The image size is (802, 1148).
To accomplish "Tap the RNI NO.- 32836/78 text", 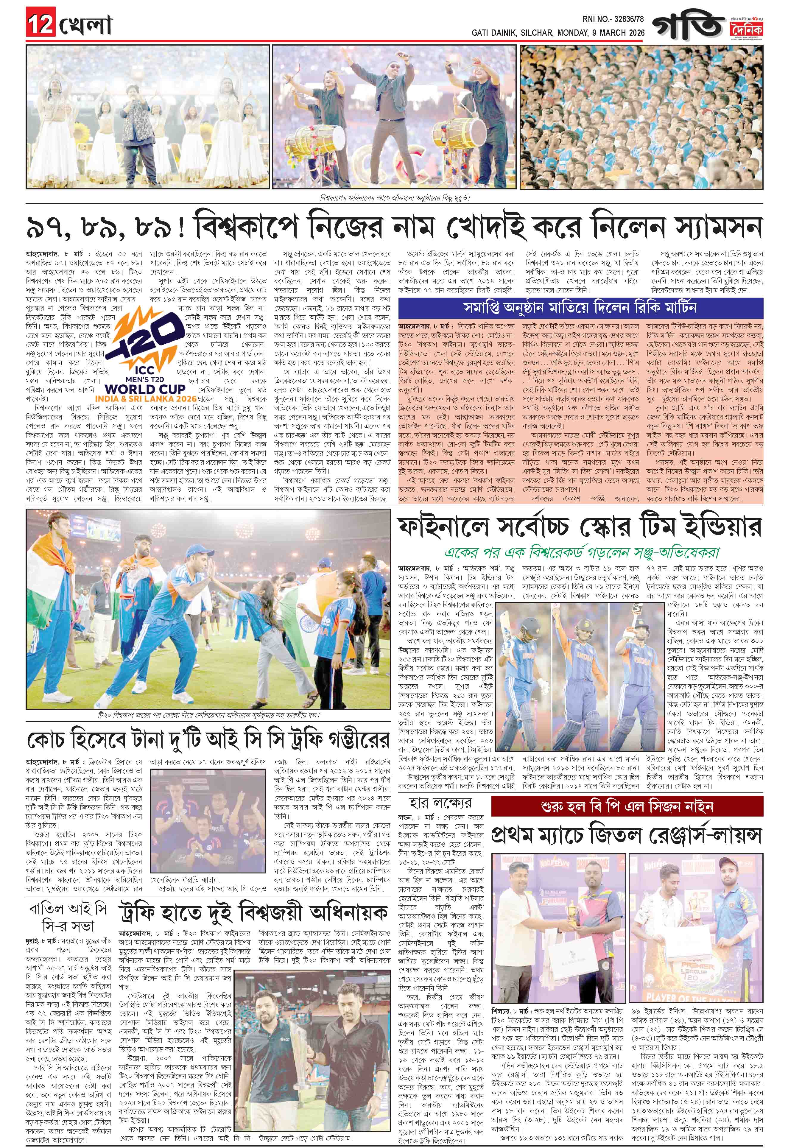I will pyautogui.click(x=613, y=19).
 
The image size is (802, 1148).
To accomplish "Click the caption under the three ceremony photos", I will pyautogui.click(x=395, y=197).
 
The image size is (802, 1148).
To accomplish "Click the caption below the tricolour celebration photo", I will pyautogui.click(x=208, y=715).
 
